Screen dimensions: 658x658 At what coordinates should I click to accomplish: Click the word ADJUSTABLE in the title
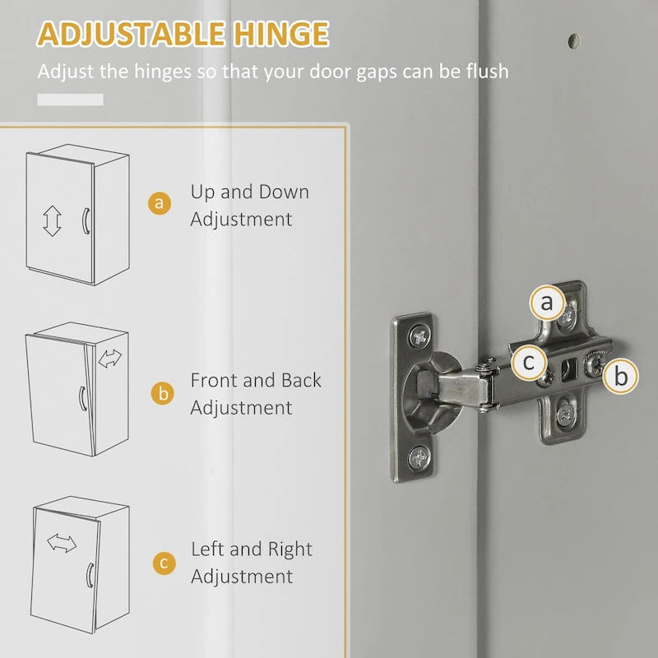(132, 35)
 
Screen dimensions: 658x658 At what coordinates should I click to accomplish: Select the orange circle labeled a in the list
(162, 204)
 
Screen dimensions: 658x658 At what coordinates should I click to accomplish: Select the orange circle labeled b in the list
(162, 393)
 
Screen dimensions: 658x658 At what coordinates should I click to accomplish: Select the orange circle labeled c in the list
(163, 563)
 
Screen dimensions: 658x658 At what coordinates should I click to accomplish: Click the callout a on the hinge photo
(547, 304)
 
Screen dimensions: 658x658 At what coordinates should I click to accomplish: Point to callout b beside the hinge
(620, 377)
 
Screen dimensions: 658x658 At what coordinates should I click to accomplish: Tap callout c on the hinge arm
(529, 361)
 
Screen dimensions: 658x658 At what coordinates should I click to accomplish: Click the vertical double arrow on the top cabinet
(53, 221)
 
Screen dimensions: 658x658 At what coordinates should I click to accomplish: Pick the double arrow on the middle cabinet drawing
(109, 359)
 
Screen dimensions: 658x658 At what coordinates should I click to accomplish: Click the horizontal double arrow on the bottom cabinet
(62, 544)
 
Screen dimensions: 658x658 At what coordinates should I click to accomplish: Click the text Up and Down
(250, 192)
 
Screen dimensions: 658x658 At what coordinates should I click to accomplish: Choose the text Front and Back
(256, 381)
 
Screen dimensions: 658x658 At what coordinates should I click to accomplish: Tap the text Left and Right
(252, 549)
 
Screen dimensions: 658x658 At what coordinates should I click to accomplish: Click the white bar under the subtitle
(70, 100)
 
